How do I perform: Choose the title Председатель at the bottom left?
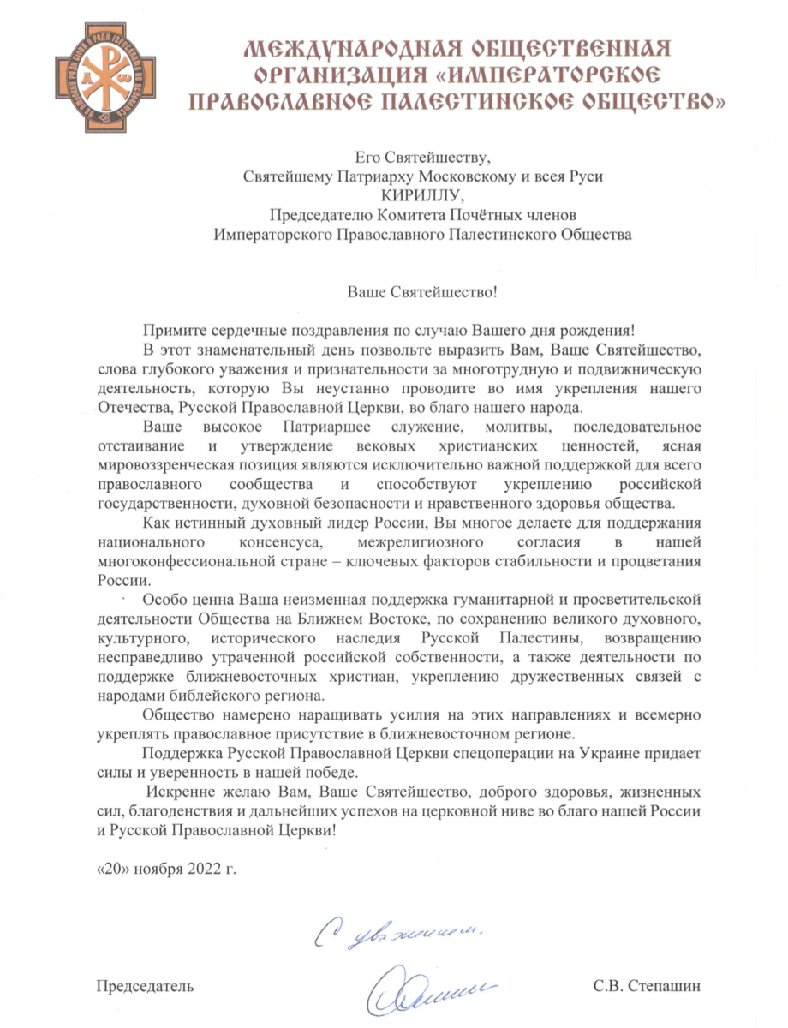tap(144, 985)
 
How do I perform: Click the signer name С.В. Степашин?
tap(646, 985)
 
